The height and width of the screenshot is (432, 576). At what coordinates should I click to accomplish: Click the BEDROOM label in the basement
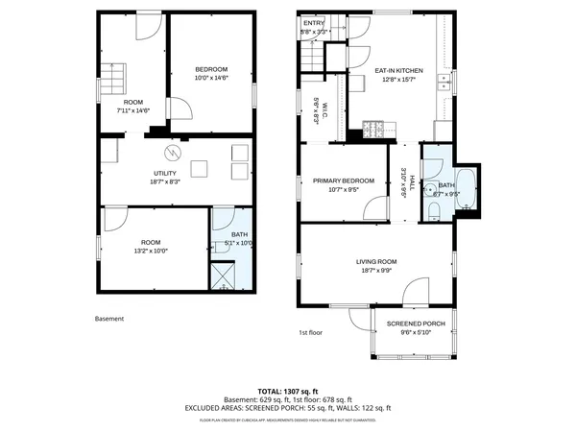[x=211, y=69]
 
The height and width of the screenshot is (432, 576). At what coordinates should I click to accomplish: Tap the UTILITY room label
[x=165, y=173]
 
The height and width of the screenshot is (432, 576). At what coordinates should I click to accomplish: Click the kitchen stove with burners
[x=375, y=128]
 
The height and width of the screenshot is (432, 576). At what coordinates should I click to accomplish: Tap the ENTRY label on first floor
[x=315, y=25]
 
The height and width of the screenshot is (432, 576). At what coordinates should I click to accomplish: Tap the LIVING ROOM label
[x=376, y=260]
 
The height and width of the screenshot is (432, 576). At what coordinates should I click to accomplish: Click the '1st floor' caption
[x=310, y=333]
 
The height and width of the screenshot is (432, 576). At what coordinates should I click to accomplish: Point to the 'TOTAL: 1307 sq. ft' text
[x=288, y=392]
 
